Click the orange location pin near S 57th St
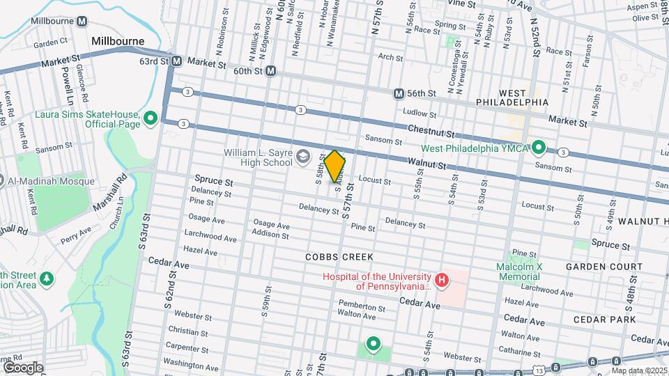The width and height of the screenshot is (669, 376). point(335,166)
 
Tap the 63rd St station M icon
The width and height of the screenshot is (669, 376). point(177,61)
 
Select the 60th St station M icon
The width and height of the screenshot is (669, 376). point(270,71)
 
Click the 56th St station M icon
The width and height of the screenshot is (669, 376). point(399,93)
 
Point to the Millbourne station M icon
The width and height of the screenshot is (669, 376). point(82,22)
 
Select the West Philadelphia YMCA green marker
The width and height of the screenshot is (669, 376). point(538,148)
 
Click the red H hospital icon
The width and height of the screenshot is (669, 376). point(441,281)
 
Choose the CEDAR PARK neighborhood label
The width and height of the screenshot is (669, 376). point(604,319)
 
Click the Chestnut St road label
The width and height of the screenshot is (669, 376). point(431,132)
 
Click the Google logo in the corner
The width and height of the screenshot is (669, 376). point(22,367)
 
